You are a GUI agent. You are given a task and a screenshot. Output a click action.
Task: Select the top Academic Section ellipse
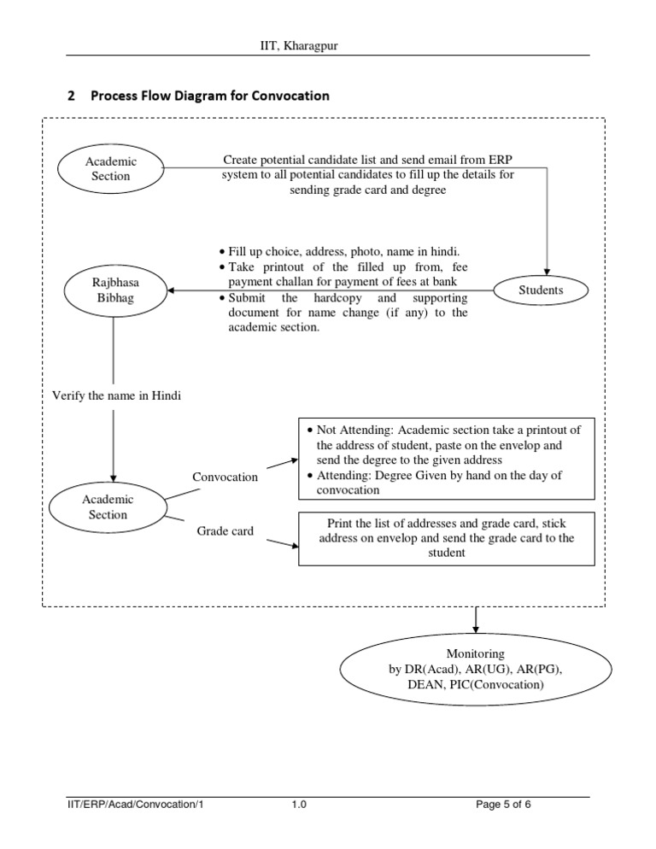tap(110, 168)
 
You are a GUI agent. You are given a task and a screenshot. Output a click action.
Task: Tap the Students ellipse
tap(541, 290)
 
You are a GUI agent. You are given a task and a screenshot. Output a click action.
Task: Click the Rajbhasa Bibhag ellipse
tap(114, 290)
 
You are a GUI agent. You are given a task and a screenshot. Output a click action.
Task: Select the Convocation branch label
tap(225, 477)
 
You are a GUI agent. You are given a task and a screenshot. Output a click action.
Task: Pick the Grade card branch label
tap(225, 531)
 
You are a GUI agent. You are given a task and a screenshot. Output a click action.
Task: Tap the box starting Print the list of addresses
tap(447, 538)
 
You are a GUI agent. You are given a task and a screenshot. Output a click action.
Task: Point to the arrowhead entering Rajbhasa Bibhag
tap(175, 290)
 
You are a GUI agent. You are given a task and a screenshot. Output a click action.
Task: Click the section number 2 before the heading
tap(71, 96)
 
